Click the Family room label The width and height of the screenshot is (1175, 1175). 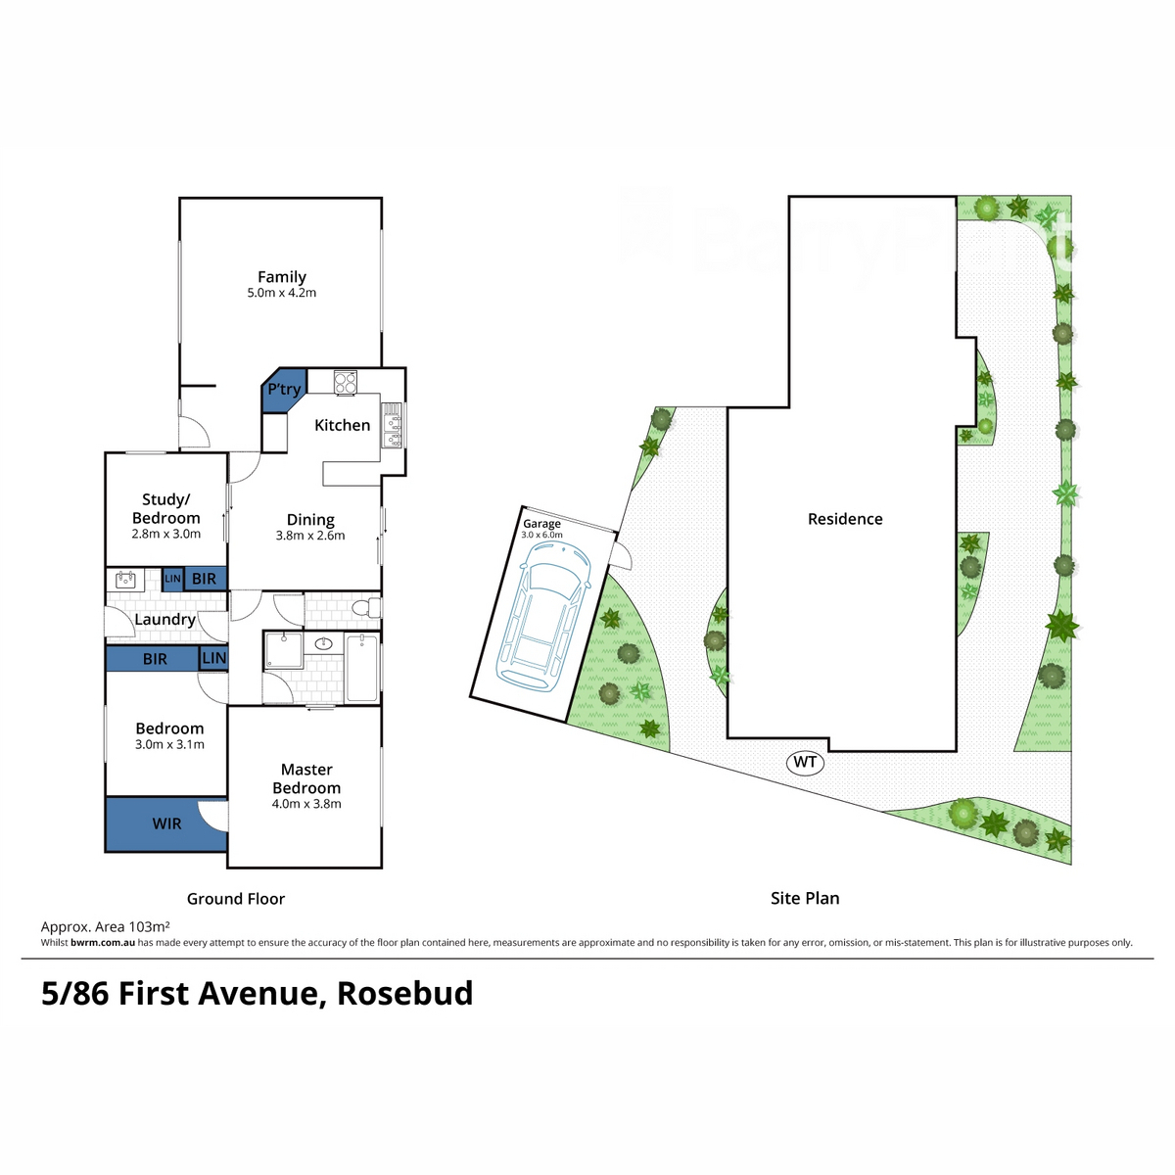282,277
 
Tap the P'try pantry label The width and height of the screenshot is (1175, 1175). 284,389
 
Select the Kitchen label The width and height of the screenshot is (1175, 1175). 342,425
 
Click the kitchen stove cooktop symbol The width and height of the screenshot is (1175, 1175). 346,382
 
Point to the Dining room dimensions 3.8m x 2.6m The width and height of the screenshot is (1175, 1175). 310,536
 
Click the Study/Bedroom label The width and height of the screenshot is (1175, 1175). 166,508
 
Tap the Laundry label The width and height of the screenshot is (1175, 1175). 164,619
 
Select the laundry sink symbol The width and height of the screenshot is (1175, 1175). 125,580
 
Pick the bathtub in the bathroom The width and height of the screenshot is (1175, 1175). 361,667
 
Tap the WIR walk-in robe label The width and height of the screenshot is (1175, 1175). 166,823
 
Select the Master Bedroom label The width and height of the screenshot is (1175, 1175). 306,778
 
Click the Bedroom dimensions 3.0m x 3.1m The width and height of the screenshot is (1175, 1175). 169,744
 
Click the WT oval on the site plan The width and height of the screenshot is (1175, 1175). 805,762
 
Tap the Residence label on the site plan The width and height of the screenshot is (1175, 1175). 845,519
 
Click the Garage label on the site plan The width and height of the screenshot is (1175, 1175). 541,524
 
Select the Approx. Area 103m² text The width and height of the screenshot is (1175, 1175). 106,926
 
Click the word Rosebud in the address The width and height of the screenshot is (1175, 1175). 404,993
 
